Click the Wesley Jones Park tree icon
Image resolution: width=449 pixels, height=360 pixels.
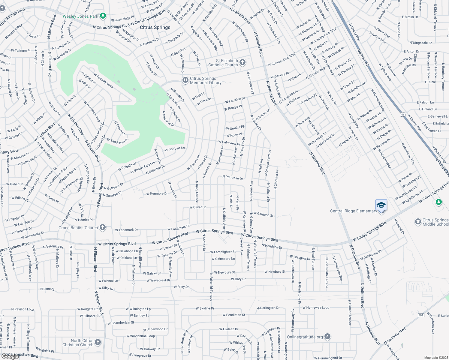click(103, 16)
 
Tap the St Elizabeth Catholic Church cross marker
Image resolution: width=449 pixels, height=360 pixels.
click(243, 63)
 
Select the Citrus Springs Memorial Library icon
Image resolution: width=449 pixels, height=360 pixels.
click(185, 80)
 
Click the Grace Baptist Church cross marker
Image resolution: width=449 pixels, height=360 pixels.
click(103, 227)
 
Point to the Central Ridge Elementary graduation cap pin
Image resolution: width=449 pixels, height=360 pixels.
click(381, 205)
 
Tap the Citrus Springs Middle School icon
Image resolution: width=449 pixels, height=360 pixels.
click(418, 222)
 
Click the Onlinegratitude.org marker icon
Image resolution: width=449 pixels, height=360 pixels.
click(327, 337)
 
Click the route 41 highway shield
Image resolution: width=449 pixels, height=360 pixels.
click(402, 114)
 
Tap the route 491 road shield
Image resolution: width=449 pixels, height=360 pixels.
click(421, 315)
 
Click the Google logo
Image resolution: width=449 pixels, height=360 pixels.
click(10, 356)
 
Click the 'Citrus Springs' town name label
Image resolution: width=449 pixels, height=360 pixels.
click(155, 27)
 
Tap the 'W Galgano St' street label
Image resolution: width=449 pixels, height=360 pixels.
click(263, 214)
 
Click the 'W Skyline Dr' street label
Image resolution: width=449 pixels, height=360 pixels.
click(205, 308)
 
